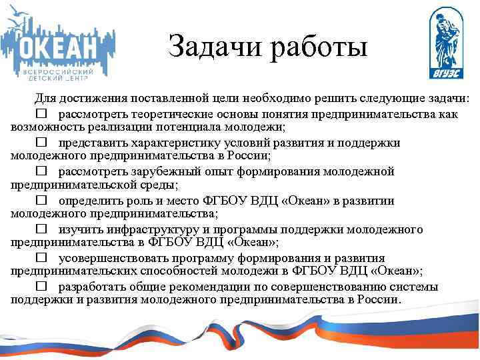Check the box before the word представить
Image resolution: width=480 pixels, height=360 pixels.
tap(42, 142)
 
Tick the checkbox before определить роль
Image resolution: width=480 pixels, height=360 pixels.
tap(42, 200)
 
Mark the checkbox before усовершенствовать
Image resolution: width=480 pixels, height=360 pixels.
tap(42, 258)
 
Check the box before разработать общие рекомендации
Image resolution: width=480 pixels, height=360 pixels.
tap(42, 287)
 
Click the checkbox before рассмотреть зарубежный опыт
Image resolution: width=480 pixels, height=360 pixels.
tap(42, 171)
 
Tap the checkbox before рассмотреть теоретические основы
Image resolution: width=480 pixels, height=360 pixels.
tap(42, 114)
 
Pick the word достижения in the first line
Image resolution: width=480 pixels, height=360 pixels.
tap(92, 99)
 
